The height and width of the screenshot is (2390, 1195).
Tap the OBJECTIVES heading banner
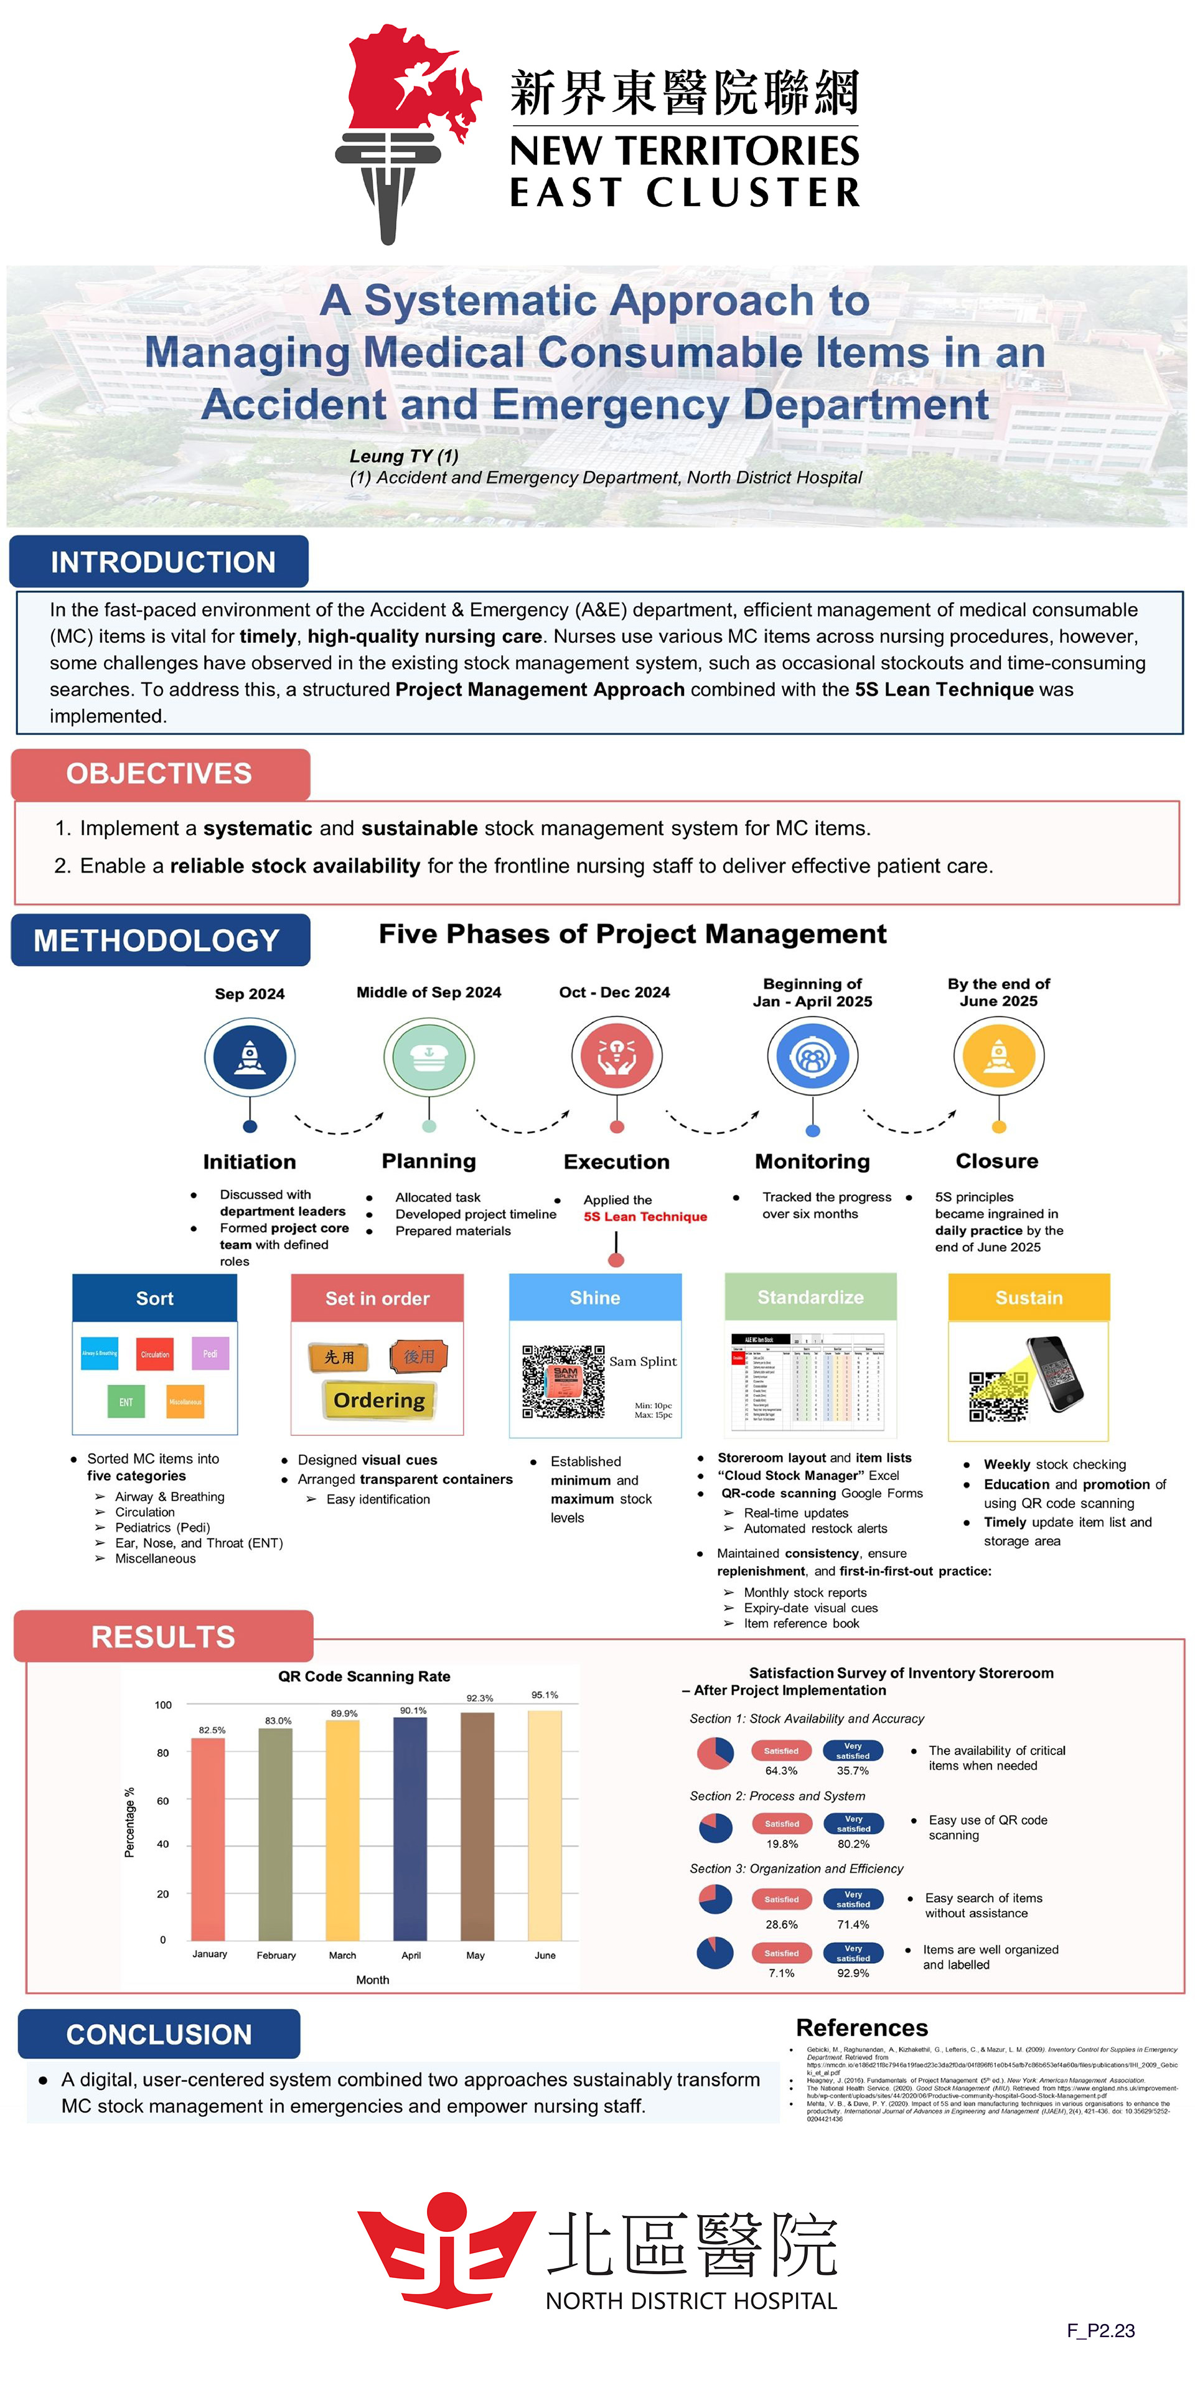click(x=159, y=774)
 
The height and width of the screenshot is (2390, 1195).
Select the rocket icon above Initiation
click(x=250, y=1057)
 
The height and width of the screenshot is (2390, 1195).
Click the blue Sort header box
click(x=155, y=1298)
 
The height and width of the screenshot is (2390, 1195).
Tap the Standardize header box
click(x=810, y=1297)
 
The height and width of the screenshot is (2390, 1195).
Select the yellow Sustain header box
click(x=1028, y=1297)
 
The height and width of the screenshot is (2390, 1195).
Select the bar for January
click(x=209, y=1839)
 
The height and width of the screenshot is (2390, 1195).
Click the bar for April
click(x=411, y=1828)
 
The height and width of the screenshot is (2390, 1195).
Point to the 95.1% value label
click(x=545, y=1695)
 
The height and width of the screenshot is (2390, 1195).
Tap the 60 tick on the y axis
click(x=163, y=1801)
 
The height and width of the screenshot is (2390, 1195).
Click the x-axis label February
click(x=276, y=1955)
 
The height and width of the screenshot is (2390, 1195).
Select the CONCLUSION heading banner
click(x=159, y=2035)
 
